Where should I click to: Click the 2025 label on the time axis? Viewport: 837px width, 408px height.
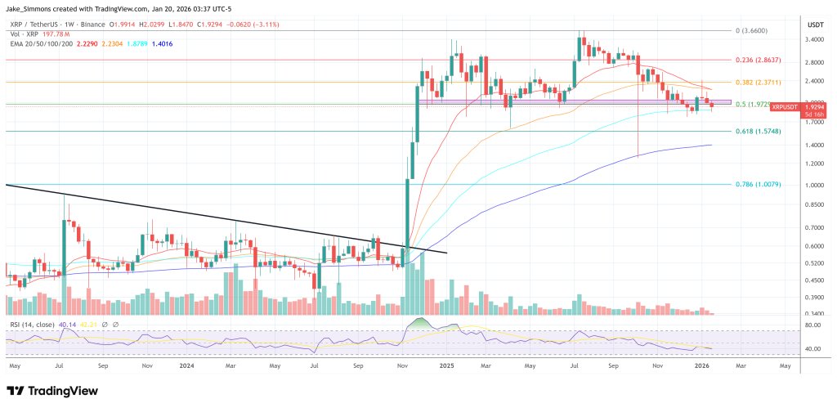pyautogui.click(x=447, y=367)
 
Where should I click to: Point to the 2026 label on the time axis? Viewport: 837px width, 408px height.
pyautogui.click(x=702, y=367)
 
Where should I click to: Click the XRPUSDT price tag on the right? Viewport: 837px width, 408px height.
pyautogui.click(x=786, y=107)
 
